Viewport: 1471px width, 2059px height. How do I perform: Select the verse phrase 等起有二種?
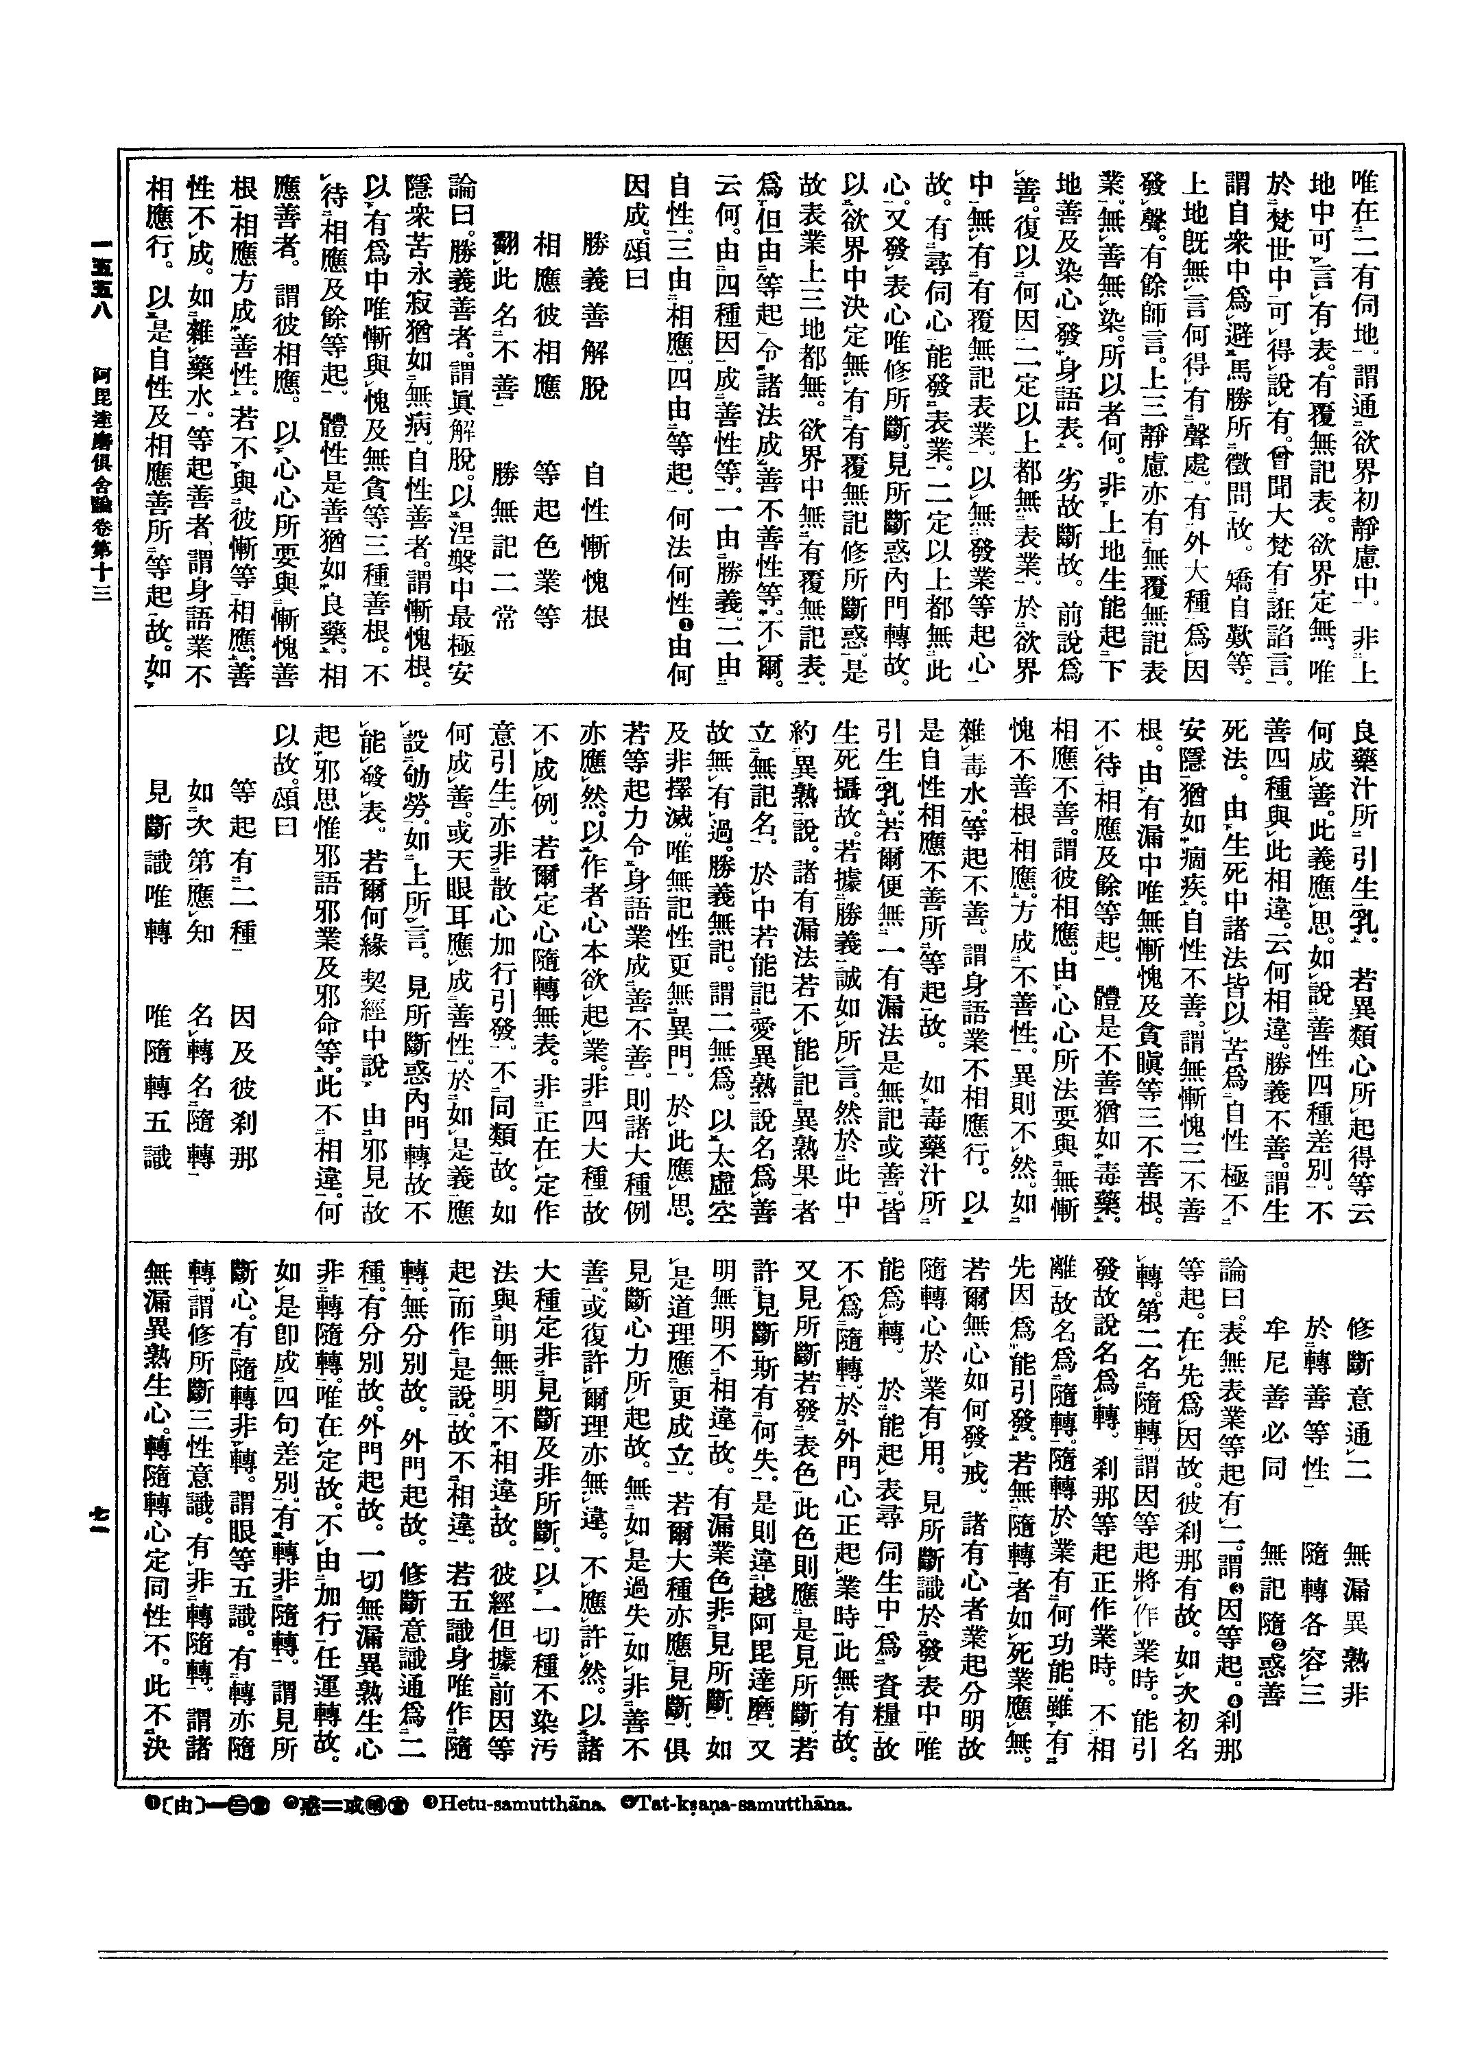[x=245, y=834]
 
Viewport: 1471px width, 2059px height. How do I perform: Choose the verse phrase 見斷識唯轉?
[x=158, y=834]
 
